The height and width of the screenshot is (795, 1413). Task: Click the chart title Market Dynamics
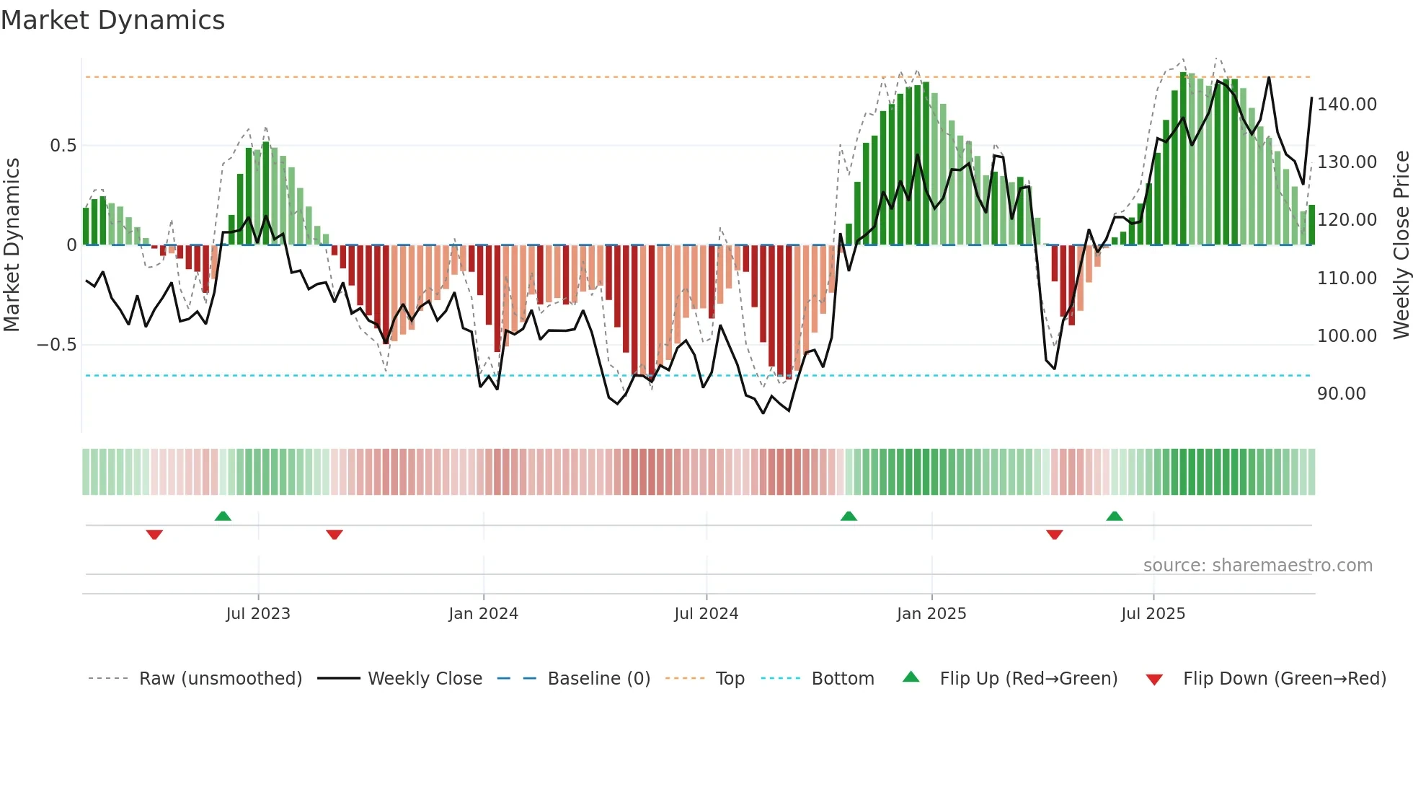(112, 20)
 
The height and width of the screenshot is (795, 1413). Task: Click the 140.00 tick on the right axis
(1347, 105)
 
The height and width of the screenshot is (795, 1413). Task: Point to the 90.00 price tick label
(1341, 394)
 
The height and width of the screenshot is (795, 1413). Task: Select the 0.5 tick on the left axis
(63, 146)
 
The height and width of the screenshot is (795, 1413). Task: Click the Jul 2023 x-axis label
(257, 614)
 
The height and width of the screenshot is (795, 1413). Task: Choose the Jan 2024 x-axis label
(483, 614)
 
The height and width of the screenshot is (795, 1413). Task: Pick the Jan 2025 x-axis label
(931, 614)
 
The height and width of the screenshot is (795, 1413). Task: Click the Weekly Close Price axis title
(1401, 245)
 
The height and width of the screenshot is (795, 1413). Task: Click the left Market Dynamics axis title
(12, 245)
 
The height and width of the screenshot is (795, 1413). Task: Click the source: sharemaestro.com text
(1257, 566)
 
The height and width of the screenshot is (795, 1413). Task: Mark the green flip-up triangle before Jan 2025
(849, 517)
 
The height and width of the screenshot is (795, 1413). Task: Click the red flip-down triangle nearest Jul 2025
(1054, 535)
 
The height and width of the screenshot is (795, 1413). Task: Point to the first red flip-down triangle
(154, 535)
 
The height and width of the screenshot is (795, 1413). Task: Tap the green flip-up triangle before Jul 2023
(223, 517)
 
